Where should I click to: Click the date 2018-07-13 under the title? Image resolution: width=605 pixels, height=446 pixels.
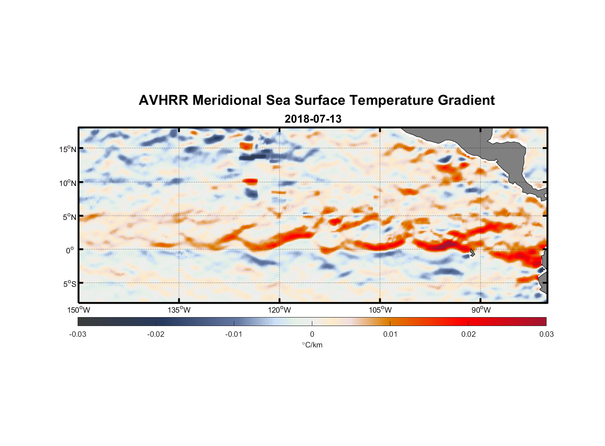click(313, 119)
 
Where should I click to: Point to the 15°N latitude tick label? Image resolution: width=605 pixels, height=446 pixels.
click(67, 149)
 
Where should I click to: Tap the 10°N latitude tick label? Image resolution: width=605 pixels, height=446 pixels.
click(67, 183)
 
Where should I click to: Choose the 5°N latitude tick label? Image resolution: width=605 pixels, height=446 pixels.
click(69, 217)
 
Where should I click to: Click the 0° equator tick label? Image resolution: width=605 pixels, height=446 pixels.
click(70, 251)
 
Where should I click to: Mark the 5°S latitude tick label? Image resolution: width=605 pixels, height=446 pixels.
click(69, 284)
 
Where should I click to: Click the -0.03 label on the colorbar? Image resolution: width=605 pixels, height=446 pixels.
click(78, 334)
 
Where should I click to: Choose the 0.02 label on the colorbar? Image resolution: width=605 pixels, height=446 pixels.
click(468, 334)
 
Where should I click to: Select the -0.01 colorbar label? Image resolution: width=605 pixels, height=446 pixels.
click(234, 334)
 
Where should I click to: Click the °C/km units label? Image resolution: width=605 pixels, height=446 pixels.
click(312, 345)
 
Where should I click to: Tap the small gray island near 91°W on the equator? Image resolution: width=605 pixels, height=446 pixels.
click(472, 253)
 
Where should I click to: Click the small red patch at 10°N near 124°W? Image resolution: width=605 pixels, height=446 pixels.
click(250, 181)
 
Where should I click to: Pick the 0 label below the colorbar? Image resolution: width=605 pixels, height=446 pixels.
click(312, 334)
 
